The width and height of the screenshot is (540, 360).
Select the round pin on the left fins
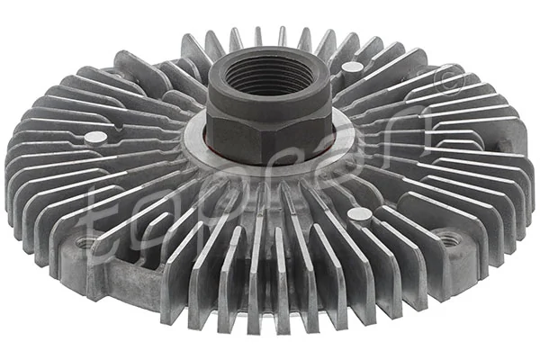[94, 138]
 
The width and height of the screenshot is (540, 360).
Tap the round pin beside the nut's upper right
[353, 68]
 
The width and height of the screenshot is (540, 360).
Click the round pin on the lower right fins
[358, 215]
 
